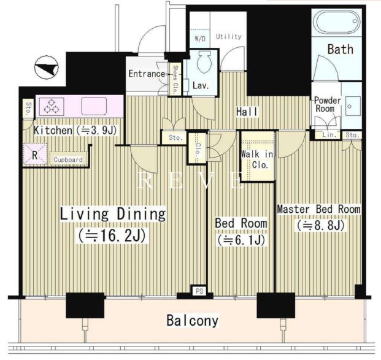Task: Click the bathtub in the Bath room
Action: click(x=336, y=22)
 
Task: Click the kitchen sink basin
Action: click(x=94, y=106)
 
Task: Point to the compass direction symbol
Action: click(x=47, y=67)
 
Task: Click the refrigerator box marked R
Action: click(x=35, y=155)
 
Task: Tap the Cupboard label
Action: click(x=68, y=159)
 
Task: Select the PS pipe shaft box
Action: click(x=199, y=291)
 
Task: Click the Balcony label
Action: click(x=192, y=320)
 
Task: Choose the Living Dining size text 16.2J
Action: click(x=112, y=235)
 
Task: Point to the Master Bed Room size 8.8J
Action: click(x=320, y=225)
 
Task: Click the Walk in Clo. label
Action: click(x=257, y=159)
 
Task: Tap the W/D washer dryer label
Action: click(x=200, y=39)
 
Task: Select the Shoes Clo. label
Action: click(x=175, y=80)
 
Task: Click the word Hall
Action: click(x=247, y=112)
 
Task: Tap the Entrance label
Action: click(x=147, y=74)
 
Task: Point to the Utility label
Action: click(x=229, y=37)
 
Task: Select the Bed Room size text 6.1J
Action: click(x=241, y=240)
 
